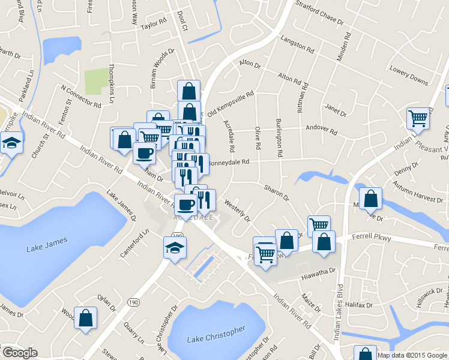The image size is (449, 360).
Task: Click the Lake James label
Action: [45, 248]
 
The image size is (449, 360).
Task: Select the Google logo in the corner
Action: [19, 353]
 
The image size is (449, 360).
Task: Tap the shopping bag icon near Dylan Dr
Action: [85, 317]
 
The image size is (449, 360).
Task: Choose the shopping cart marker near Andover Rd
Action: [417, 118]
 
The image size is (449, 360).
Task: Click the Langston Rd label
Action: [297, 44]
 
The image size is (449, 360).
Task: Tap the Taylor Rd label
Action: [152, 23]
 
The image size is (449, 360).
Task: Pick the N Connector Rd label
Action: [81, 95]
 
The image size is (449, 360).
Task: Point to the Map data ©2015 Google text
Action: [412, 355]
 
